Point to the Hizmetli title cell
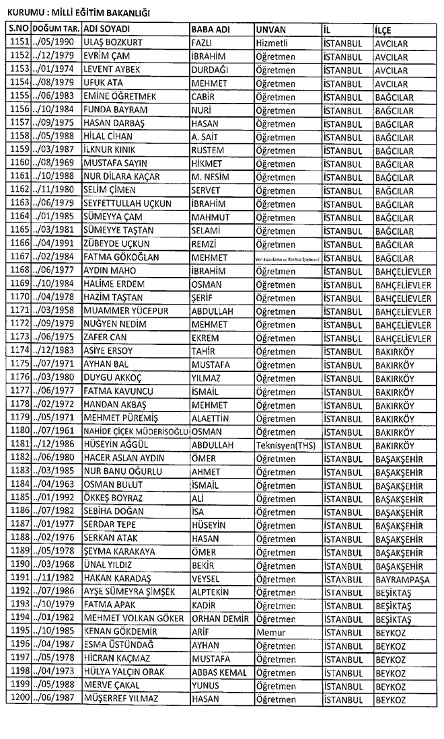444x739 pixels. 276,44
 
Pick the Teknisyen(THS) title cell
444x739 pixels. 285,444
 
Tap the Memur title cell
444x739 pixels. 271,632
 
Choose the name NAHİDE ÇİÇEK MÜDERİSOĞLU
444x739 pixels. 135,431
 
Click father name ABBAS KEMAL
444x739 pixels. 219,672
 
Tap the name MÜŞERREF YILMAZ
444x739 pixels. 120,699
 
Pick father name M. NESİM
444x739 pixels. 211,177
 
